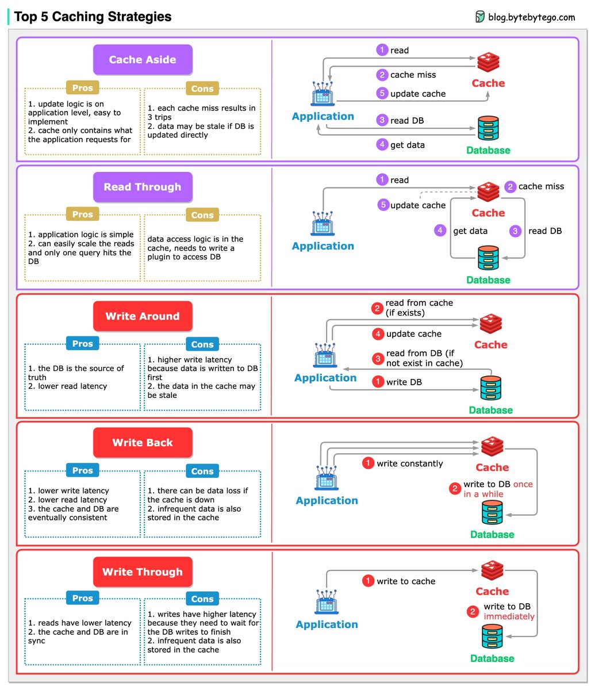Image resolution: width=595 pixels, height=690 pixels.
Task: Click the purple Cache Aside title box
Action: point(143,60)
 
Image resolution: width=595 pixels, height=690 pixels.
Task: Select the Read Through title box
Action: point(143,187)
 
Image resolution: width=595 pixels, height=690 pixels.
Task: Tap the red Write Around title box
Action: point(143,316)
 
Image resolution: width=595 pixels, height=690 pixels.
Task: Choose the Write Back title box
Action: point(143,443)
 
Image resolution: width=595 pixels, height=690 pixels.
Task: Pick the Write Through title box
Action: point(143,572)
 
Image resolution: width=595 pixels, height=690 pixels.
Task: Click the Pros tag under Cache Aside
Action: point(83,88)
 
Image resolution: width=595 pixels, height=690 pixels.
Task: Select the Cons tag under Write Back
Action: point(202,471)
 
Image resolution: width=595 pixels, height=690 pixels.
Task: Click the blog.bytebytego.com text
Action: point(531,17)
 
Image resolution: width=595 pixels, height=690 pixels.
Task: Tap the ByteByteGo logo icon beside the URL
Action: point(480,17)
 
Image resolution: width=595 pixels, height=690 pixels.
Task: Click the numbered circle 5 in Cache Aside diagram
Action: point(382,93)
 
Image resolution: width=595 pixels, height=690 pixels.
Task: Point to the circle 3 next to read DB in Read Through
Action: point(516,231)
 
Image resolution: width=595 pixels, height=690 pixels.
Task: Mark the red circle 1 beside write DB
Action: point(378,382)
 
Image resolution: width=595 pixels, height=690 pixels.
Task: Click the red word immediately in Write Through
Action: point(509,616)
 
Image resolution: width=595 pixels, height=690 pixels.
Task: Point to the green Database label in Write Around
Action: point(490,410)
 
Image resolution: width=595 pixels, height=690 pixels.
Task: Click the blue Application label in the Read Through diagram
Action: point(323,246)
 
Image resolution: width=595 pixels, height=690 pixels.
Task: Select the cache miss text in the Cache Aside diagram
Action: point(413,75)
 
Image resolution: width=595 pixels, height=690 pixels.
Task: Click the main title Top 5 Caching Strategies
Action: point(93,17)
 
